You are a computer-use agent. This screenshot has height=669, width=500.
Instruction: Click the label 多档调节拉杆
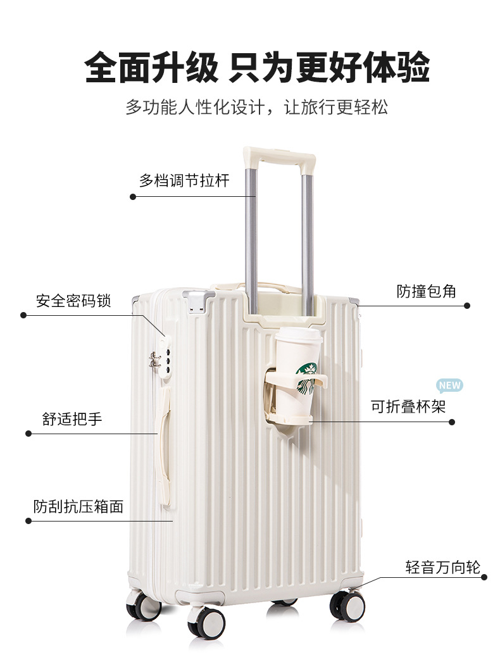(184, 180)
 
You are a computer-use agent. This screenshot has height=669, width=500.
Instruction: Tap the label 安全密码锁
(73, 301)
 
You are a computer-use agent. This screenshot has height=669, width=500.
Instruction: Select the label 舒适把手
(72, 419)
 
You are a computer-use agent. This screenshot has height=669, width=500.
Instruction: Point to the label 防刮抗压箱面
(78, 506)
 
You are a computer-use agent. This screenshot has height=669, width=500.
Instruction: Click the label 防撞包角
(427, 291)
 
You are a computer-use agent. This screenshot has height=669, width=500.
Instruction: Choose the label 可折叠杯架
(408, 406)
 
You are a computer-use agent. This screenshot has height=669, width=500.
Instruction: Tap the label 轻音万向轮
(443, 567)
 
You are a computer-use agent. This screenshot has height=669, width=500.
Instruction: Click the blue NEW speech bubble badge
(450, 385)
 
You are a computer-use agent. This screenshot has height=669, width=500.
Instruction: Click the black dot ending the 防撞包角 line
(467, 306)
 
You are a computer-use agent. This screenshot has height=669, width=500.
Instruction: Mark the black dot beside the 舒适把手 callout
(28, 434)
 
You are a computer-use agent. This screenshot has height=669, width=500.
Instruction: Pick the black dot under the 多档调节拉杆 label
(133, 196)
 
